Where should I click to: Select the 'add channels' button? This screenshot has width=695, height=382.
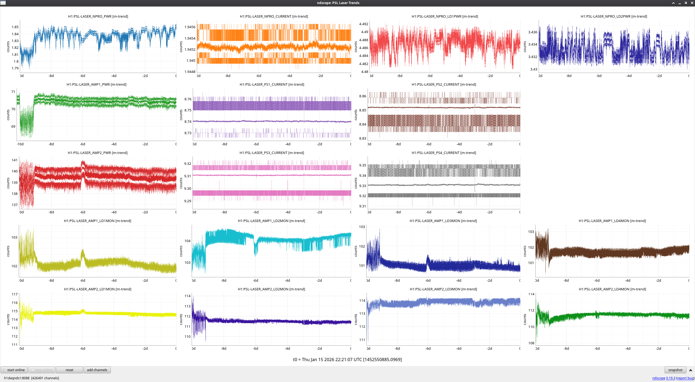tap(97, 370)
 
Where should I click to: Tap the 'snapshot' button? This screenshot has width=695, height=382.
tap(675, 370)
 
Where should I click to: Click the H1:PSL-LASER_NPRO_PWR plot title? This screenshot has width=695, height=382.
tap(98, 16)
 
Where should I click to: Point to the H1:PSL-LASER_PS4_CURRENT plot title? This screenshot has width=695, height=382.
tap(444, 153)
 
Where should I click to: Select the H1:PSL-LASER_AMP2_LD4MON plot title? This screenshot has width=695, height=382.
tap(612, 289)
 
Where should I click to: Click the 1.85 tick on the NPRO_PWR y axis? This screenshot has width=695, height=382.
tap(15, 27)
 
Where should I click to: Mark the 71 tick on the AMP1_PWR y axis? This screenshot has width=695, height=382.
tap(13, 92)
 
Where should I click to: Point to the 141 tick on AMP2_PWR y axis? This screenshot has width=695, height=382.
tap(14, 160)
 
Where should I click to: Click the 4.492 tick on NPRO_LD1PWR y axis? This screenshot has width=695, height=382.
tap(364, 24)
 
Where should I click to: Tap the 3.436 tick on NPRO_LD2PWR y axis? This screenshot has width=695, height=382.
tap(532, 32)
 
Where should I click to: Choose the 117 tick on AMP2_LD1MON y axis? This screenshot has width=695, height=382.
tap(14, 294)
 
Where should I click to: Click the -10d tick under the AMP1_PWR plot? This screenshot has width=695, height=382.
tap(20, 144)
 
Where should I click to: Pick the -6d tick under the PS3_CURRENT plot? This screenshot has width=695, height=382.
tap(256, 212)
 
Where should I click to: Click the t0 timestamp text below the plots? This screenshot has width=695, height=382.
tap(347, 359)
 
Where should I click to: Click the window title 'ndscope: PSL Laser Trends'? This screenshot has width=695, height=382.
tap(338, 3)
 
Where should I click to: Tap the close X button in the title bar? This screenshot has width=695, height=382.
tap(692, 3)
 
